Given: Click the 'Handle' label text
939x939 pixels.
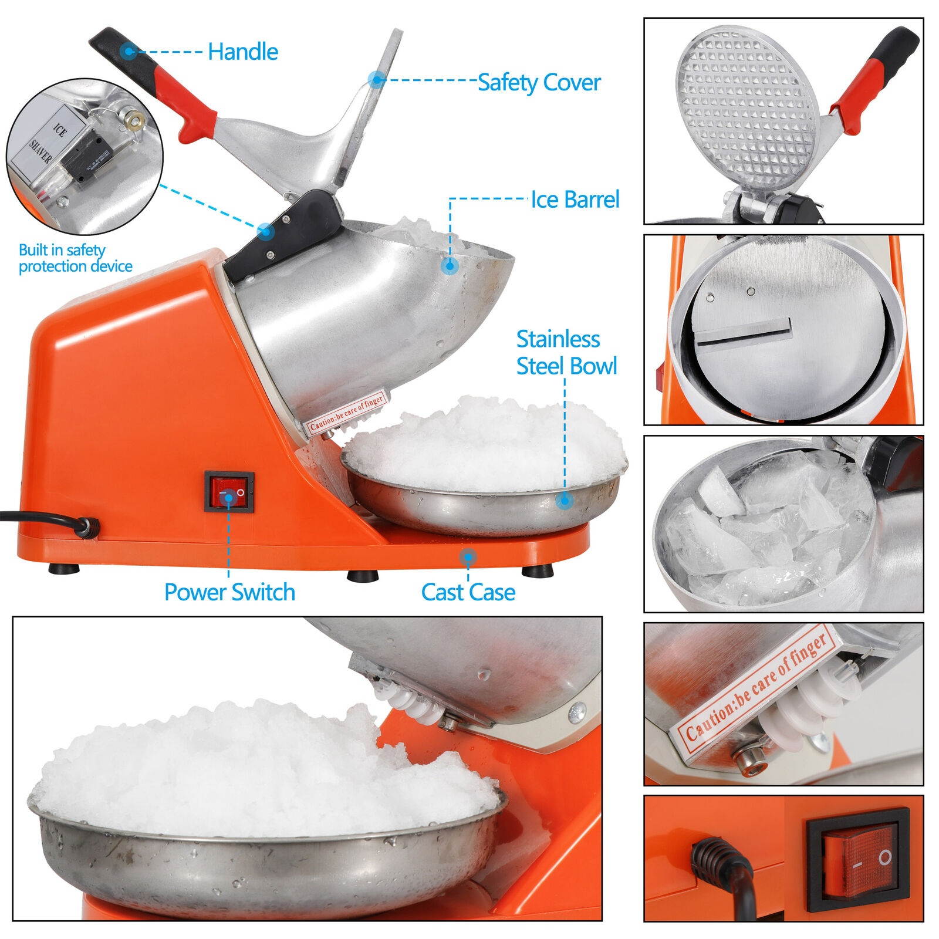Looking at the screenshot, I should (x=242, y=52).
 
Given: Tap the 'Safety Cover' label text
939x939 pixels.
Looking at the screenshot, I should (x=539, y=82).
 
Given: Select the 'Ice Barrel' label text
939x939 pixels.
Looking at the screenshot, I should (x=575, y=200).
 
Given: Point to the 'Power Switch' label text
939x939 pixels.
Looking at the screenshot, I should (x=229, y=592).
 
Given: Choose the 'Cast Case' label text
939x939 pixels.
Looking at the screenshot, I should (x=468, y=592).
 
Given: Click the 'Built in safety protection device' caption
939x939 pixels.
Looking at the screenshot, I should (x=75, y=258).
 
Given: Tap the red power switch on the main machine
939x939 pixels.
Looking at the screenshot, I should (x=229, y=491).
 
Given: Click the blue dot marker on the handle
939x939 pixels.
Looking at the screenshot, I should (x=127, y=51).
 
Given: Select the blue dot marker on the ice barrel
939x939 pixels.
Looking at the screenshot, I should (x=450, y=266).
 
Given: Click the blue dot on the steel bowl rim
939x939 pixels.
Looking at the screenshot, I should (x=565, y=500).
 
